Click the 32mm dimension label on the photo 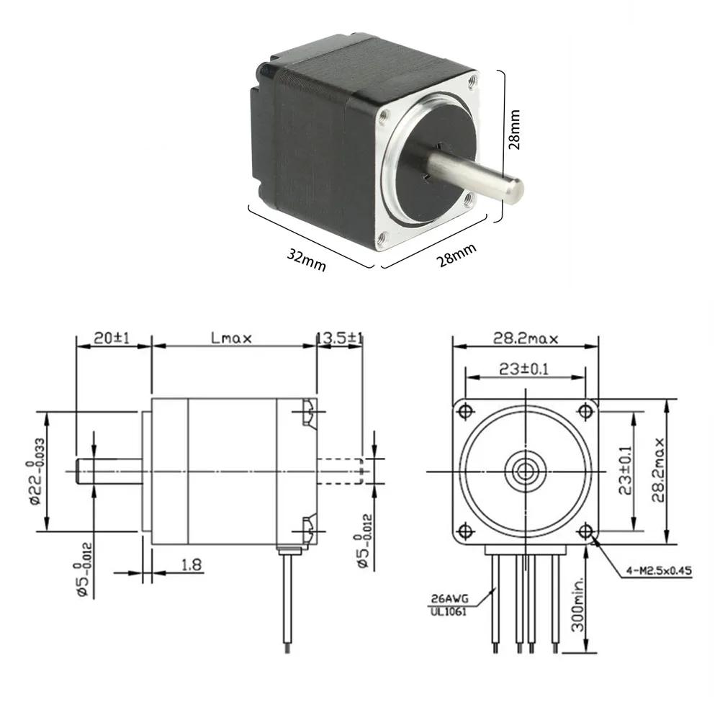(x=306, y=260)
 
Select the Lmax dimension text (x=231, y=338)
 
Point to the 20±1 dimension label (x=112, y=338)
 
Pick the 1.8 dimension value (x=192, y=564)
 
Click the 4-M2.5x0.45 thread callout (x=659, y=571)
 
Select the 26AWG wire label (x=449, y=599)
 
